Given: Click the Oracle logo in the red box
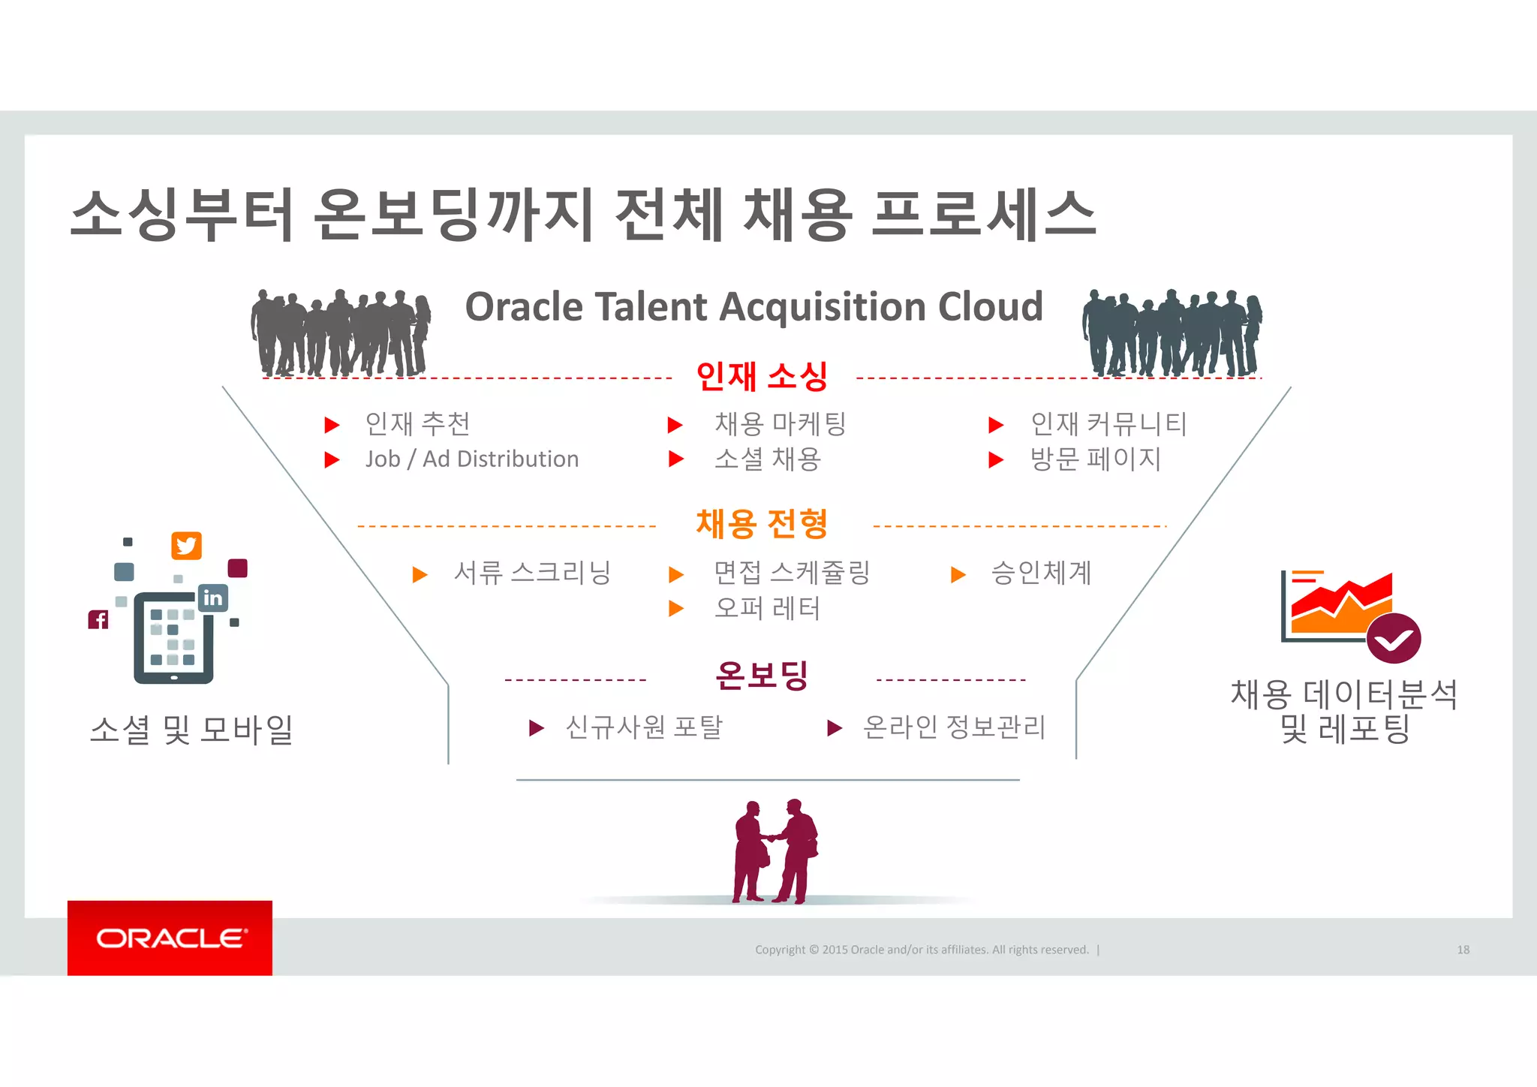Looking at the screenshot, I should (x=170, y=938).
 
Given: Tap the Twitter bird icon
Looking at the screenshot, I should (x=186, y=546).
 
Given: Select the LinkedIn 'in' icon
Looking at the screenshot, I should (x=213, y=598).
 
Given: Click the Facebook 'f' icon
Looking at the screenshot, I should (x=98, y=619).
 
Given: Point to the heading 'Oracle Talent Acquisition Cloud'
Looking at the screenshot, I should (x=753, y=307).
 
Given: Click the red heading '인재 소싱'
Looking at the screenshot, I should (x=762, y=376).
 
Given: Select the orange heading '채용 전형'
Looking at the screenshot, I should (x=762, y=524).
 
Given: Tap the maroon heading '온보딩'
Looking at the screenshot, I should (x=762, y=675).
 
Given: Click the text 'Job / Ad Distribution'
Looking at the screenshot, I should (x=472, y=459).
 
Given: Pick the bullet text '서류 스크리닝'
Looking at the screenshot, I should (x=532, y=574).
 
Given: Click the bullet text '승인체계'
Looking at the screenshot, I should (x=1041, y=574).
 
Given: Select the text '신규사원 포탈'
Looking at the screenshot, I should (x=644, y=727).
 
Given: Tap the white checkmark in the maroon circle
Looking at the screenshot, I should (x=1394, y=640).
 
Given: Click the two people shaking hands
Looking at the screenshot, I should (x=775, y=851).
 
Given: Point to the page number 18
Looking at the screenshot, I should (x=1463, y=950).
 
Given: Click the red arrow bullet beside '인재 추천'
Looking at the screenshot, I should (x=332, y=426).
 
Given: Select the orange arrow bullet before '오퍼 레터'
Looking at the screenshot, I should (x=676, y=608).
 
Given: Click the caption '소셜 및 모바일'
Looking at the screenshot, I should (x=191, y=729).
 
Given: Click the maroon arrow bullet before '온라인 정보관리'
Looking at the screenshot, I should (x=834, y=727).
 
